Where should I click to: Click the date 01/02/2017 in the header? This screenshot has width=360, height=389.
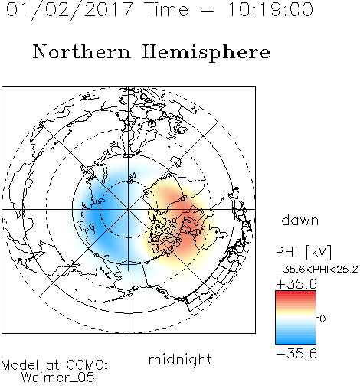tap(70, 10)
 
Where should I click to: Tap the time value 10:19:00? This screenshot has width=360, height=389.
tap(270, 9)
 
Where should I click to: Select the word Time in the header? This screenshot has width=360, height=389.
tap(166, 9)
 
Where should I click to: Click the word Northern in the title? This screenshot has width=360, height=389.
tap(82, 51)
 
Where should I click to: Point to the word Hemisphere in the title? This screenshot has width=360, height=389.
tap(206, 53)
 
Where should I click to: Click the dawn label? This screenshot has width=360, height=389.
tap(300, 220)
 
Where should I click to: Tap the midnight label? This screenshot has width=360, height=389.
tap(180, 359)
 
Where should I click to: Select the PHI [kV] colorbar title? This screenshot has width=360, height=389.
tap(303, 252)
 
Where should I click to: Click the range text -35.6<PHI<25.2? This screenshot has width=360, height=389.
tap(317, 270)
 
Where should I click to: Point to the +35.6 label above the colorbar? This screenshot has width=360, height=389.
tap(296, 284)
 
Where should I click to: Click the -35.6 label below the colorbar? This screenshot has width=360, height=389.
tap(296, 354)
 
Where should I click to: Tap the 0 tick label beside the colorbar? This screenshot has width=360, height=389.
tap(322, 319)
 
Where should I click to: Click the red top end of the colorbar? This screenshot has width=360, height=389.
tap(296, 293)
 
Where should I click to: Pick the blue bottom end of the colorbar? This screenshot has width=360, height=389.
tap(296, 342)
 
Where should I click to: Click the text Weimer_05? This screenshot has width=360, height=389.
tap(58, 378)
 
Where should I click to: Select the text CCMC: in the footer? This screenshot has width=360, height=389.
tap(87, 365)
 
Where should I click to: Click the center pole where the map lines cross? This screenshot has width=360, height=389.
tap(129, 210)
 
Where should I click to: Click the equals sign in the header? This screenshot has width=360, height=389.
tap(208, 10)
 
